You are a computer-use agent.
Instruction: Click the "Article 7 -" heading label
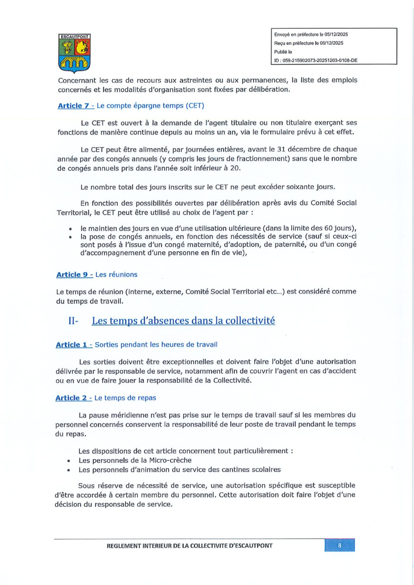pyautogui.click(x=76, y=106)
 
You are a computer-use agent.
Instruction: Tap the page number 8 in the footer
pyautogui.click(x=339, y=546)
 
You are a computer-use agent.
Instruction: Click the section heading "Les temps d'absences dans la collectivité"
pyautogui.click(x=183, y=321)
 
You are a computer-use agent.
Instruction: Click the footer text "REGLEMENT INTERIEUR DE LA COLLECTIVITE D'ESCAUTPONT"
pyautogui.click(x=190, y=546)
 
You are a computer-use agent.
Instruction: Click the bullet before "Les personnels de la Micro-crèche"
pyautogui.click(x=71, y=460)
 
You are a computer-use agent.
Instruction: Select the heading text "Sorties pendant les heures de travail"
pyautogui.click(x=156, y=345)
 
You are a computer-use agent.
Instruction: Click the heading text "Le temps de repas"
pyautogui.click(x=125, y=398)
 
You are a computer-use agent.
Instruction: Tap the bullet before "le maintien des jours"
pyautogui.click(x=71, y=228)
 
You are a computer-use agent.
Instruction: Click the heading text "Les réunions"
pyautogui.click(x=116, y=274)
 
